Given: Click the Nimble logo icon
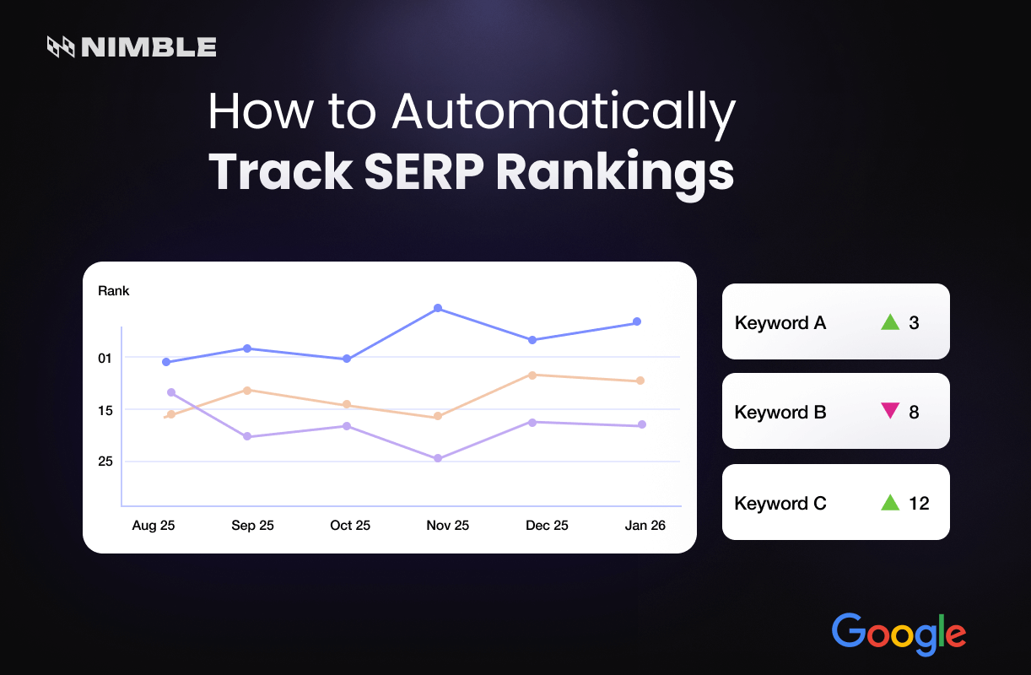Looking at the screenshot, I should pos(62,47).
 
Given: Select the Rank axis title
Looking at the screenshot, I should pos(114,291).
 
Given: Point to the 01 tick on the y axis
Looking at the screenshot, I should pos(105,358).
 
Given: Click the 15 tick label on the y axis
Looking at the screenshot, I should pos(105,410).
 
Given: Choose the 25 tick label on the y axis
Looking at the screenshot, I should pos(105,462).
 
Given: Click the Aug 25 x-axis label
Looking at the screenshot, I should pos(154,525).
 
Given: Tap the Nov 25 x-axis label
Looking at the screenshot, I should pos(447,525).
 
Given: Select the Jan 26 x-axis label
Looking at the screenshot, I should pos(645,525).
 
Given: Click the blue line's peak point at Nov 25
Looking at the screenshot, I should pos(437,308).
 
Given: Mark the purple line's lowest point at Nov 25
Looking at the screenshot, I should pos(437,458).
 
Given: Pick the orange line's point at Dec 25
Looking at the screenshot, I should pos(532,375).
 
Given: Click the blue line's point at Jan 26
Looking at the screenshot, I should pos(637,321).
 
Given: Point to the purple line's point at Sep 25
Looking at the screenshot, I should pos(247,436).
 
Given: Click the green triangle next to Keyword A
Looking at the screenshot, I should pos(889,321).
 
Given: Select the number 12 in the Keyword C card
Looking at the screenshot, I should pos(919,503).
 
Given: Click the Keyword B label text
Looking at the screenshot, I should pos(780,413).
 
